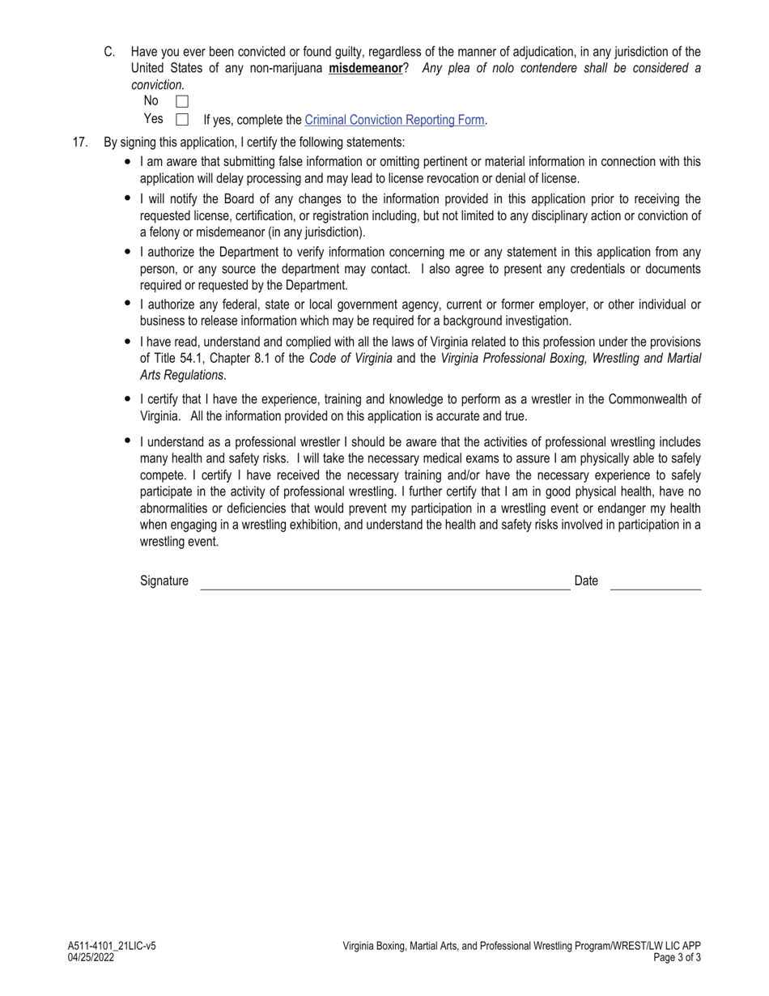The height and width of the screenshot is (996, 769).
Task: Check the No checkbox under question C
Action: [182, 102]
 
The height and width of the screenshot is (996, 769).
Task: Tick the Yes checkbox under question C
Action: [182, 120]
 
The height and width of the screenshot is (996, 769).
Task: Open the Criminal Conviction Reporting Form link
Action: [394, 120]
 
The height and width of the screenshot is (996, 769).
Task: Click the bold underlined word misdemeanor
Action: [365, 69]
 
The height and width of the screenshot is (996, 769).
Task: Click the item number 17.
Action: [80, 143]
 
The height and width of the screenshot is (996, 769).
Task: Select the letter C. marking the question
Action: [109, 52]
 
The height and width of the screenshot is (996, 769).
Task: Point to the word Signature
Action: [164, 581]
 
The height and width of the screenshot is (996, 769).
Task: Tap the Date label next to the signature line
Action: [586, 581]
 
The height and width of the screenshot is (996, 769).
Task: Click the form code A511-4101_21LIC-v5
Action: [112, 946]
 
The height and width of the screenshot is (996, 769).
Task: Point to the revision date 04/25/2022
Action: [91, 957]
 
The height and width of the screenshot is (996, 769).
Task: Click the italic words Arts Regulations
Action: [181, 375]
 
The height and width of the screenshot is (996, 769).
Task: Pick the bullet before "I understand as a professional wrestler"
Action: [128, 441]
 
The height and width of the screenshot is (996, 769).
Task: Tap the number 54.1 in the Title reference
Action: [192, 358]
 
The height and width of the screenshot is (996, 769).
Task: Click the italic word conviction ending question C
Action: [158, 85]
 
